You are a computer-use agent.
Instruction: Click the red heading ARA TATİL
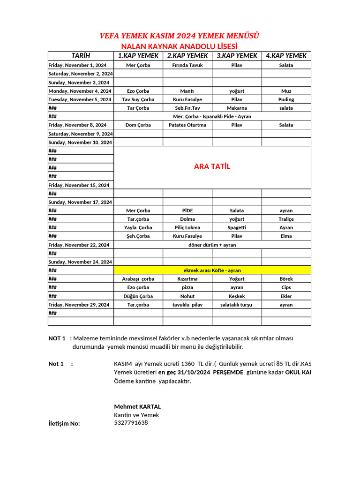(x=212, y=167)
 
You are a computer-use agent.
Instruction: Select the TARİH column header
(x=81, y=56)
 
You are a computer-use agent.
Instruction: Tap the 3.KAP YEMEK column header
(x=237, y=56)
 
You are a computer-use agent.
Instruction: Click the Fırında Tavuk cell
(x=187, y=65)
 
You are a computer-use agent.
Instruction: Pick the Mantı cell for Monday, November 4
(x=187, y=91)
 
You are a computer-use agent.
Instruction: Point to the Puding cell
(x=286, y=99)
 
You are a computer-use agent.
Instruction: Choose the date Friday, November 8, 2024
(x=77, y=125)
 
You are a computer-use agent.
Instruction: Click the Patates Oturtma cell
(x=187, y=125)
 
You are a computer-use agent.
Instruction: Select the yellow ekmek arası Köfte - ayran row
(x=212, y=270)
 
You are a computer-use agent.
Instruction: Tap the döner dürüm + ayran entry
(x=212, y=245)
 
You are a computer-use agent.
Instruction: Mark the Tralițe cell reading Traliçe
(x=286, y=219)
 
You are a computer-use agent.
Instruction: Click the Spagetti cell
(x=237, y=227)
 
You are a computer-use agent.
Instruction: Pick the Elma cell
(x=286, y=236)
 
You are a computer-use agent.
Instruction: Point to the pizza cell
(x=187, y=287)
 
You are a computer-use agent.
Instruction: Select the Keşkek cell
(x=237, y=296)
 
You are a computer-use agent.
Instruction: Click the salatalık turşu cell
(x=236, y=305)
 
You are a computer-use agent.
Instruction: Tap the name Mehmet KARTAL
(x=137, y=406)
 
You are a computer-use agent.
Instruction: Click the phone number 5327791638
(x=131, y=423)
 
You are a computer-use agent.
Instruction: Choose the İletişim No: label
(x=64, y=424)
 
